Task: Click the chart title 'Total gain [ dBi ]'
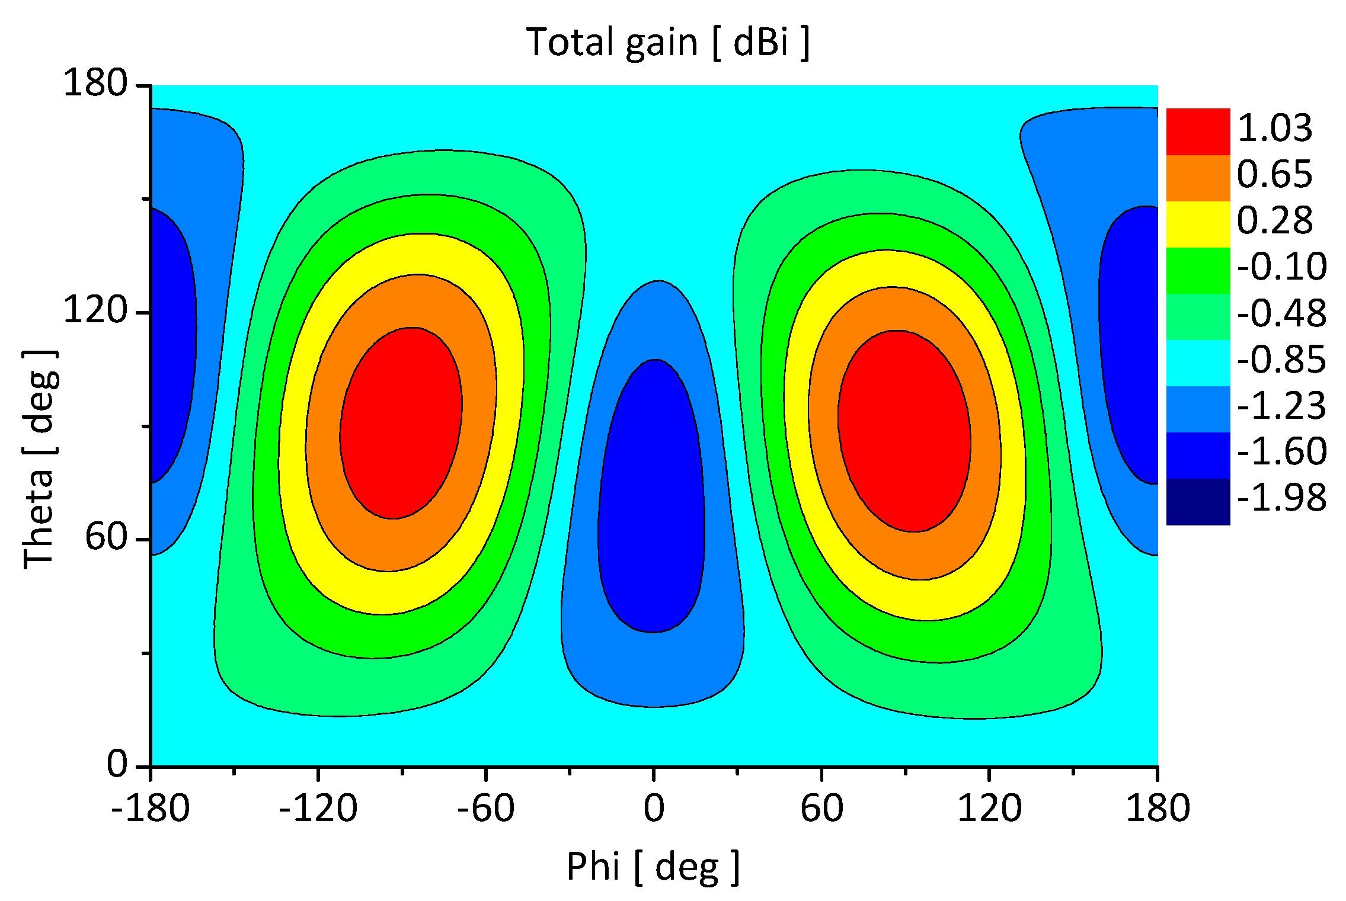667,43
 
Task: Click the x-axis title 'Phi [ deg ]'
653,867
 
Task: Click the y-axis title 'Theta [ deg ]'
40,459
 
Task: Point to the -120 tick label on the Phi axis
318,808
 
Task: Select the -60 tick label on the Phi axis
485,808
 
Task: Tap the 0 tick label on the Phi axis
654,808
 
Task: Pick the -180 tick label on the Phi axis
151,808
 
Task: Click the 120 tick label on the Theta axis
95,309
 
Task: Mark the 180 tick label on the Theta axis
95,82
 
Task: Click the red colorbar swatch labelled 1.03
1198,132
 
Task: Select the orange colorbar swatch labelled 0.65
1198,178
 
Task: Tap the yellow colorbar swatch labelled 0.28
1198,224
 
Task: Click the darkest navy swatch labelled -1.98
1198,502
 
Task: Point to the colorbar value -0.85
1281,360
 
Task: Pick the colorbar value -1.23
1281,406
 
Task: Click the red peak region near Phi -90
401,422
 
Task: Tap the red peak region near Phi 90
904,431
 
